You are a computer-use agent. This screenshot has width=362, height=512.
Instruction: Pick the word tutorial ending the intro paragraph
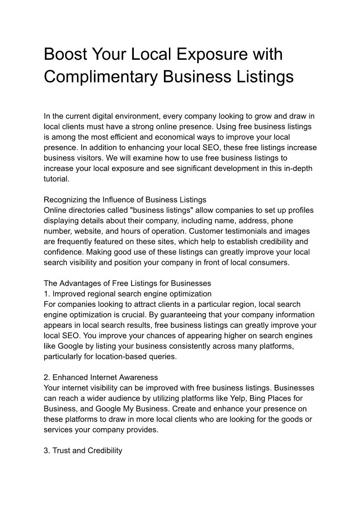point(56,179)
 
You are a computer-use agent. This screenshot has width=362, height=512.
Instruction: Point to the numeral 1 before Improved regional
point(46,294)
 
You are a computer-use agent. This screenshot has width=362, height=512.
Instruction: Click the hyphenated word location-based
point(105,357)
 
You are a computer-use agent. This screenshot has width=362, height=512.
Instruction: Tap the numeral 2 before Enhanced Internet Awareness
point(46,378)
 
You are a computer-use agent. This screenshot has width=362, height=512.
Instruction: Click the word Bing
point(244,398)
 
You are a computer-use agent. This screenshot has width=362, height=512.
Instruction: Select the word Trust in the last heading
point(61,450)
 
